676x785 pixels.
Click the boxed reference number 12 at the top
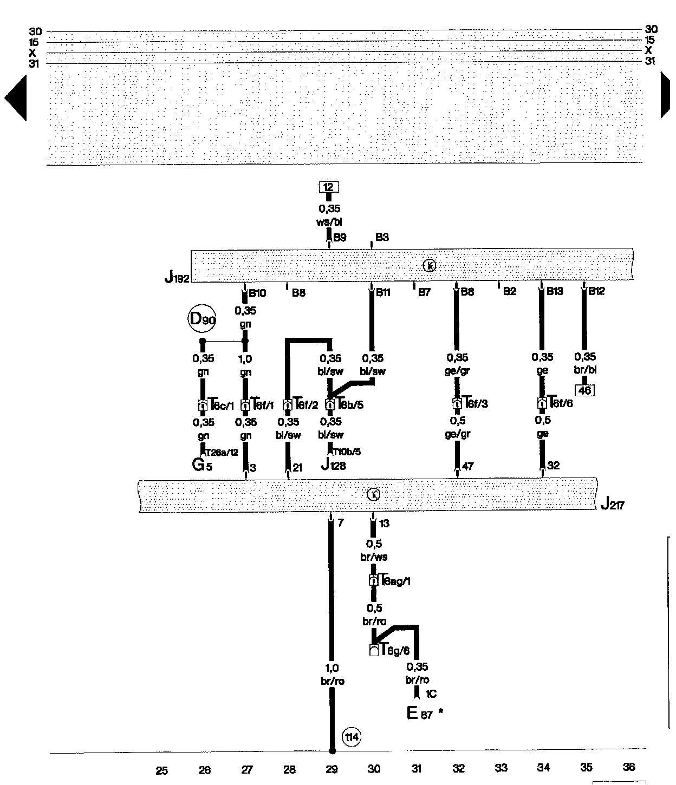(328, 187)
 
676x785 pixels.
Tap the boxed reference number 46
(585, 390)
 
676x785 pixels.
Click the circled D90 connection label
(202, 319)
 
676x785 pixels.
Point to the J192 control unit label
(177, 278)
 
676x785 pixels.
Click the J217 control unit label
(613, 505)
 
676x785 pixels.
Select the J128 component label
(333, 465)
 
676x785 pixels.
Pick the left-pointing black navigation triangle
(16, 98)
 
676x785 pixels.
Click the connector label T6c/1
(222, 405)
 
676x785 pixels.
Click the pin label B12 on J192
(596, 291)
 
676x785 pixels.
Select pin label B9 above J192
(339, 237)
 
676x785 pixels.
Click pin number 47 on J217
(468, 466)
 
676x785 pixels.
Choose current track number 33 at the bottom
(501, 768)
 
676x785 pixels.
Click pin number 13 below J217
(384, 524)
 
